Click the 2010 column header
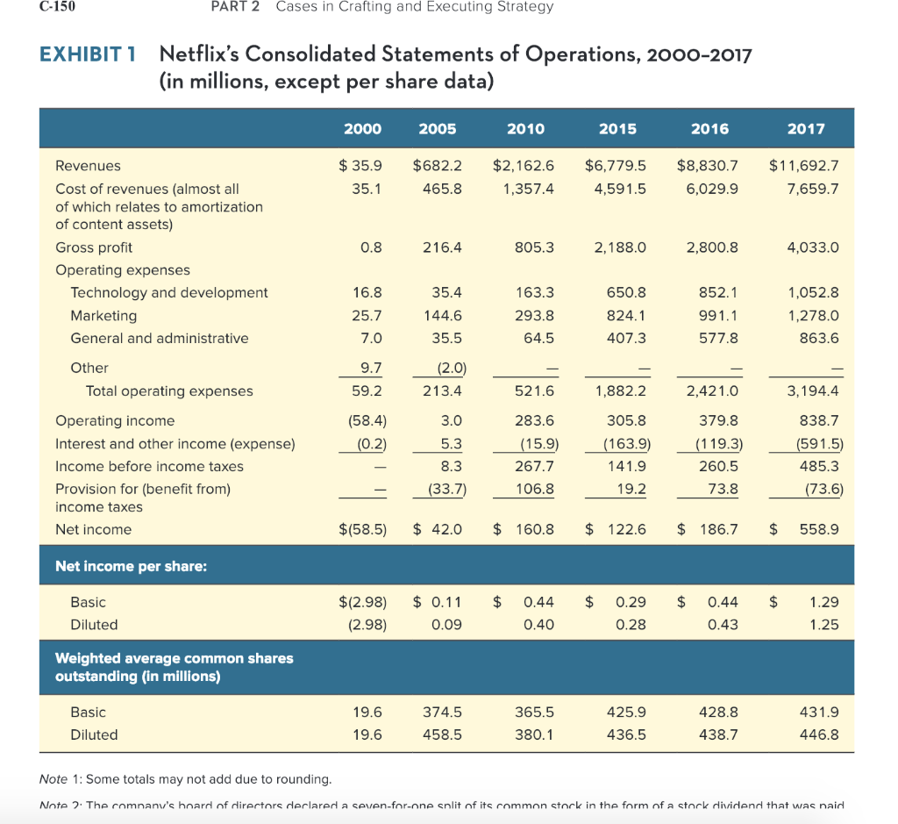click(x=525, y=128)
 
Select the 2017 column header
click(x=806, y=128)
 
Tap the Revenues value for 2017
click(x=804, y=165)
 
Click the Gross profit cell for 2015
click(x=620, y=247)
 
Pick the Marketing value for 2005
click(x=441, y=315)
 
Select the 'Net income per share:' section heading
click(x=131, y=566)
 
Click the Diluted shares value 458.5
click(x=441, y=734)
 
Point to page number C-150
click(x=59, y=7)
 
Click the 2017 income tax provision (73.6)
click(x=823, y=489)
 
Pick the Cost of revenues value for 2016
click(x=713, y=188)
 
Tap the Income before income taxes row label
click(x=149, y=466)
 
